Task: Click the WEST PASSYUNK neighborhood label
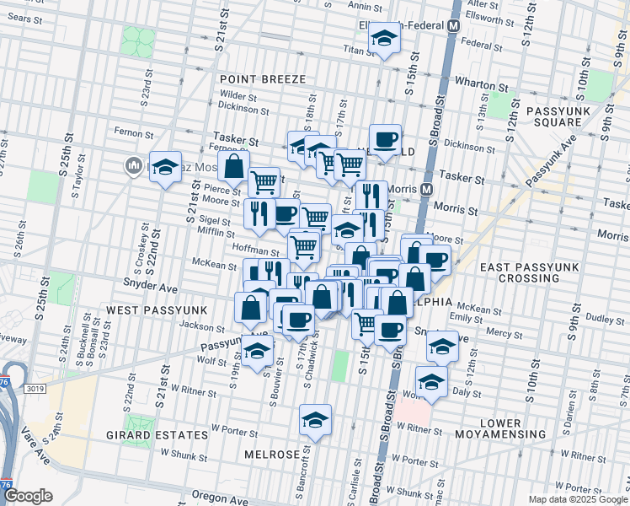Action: [151, 311]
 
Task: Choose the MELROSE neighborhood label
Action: [271, 455]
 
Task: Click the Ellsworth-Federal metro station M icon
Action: [454, 25]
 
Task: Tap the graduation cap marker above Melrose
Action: [315, 420]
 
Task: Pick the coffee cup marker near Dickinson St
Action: [385, 140]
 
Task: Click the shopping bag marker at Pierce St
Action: [233, 167]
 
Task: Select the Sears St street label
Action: [24, 18]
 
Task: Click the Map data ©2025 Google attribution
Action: [577, 498]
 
